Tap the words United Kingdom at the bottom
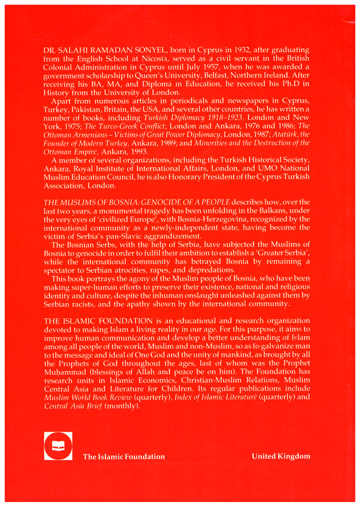point(281,456)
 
